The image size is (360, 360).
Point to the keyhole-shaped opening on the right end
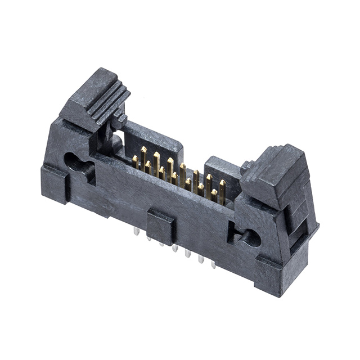247,238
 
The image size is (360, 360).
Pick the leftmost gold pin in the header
135,162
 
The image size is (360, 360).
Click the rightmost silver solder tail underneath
213,263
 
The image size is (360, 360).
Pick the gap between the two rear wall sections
194,160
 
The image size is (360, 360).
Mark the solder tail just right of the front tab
175,247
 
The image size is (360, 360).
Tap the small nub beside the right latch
245,167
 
